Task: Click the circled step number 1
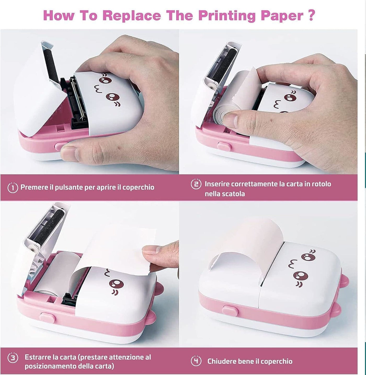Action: pos(13,187)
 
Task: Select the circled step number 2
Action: pos(196,184)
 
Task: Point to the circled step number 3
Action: pos(13,358)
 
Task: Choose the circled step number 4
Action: pos(196,361)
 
